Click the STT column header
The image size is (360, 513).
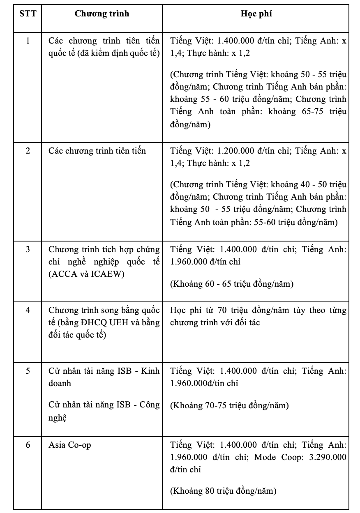pyautogui.click(x=28, y=14)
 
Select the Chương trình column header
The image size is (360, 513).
pyautogui.click(x=102, y=14)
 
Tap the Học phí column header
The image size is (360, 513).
pyautogui.click(x=256, y=14)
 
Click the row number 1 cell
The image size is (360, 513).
pyautogui.click(x=28, y=41)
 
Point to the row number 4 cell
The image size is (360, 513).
pyautogui.click(x=28, y=310)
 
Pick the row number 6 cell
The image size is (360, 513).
pyautogui.click(x=28, y=445)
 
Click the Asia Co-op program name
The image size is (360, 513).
pyautogui.click(x=70, y=445)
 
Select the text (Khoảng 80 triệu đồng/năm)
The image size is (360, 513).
pyautogui.click(x=223, y=491)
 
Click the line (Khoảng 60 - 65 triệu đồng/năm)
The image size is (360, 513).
pyautogui.click(x=232, y=284)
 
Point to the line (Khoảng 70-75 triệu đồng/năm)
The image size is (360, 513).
pyautogui.click(x=229, y=406)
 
